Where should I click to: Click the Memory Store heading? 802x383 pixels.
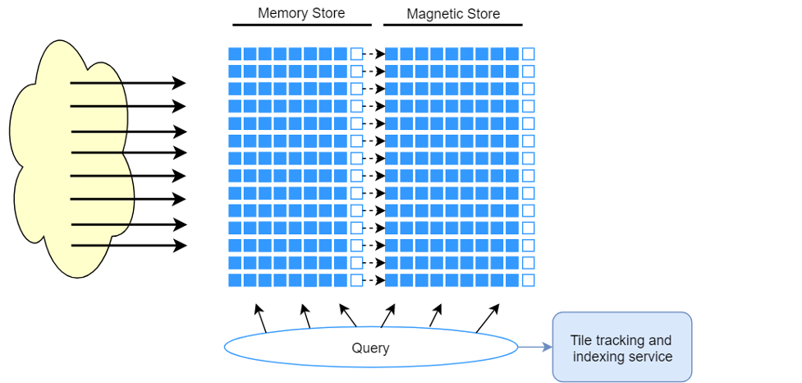[301, 13]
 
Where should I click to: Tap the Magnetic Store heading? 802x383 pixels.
[453, 14]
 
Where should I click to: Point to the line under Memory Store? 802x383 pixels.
[302, 25]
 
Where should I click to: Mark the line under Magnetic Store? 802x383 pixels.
[452, 25]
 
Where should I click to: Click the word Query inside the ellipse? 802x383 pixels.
[370, 348]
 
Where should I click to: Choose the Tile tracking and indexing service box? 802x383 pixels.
[622, 347]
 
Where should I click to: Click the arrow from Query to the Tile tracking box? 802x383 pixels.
[535, 347]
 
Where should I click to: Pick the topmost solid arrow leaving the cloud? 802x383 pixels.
[128, 82]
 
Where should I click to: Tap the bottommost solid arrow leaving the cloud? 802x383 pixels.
[129, 246]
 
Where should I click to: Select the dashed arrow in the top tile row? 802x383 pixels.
[374, 53]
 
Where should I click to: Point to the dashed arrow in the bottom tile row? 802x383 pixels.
[374, 280]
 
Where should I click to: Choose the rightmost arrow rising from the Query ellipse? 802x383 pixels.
[488, 319]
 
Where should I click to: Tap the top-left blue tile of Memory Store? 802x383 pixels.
[235, 53]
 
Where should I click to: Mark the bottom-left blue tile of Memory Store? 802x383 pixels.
[235, 280]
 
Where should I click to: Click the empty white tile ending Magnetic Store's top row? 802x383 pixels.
[529, 53]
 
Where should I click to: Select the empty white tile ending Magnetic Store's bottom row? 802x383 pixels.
[529, 280]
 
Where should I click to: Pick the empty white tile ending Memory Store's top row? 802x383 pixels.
[356, 53]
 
